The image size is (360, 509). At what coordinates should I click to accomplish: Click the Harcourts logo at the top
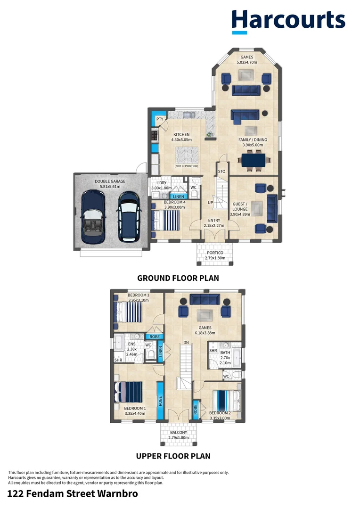(288, 21)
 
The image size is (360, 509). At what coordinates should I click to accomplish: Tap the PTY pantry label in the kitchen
(160, 119)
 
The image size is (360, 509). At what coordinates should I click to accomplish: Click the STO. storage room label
(222, 172)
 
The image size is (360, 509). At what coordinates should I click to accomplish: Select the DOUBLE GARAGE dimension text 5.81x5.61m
(110, 187)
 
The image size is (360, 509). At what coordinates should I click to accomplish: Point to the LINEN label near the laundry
(178, 196)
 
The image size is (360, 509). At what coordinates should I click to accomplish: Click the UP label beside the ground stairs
(211, 203)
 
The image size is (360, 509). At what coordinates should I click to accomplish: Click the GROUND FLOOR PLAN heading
(178, 278)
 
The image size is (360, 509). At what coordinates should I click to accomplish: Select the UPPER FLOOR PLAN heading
(173, 456)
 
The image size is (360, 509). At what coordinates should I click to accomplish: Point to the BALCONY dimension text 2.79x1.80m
(178, 438)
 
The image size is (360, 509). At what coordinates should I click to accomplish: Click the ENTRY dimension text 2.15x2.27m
(214, 225)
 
